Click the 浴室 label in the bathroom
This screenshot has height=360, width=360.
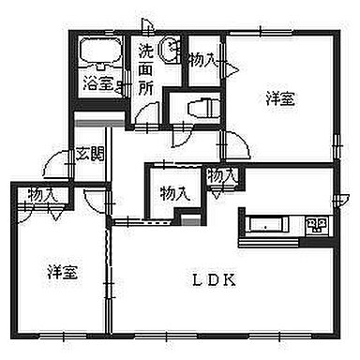pyautogui.click(x=96, y=82)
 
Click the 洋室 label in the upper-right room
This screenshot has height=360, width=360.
pyautogui.click(x=277, y=97)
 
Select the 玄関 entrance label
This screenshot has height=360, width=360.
pyautogui.click(x=88, y=154)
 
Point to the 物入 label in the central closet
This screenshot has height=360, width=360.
pyautogui.click(x=173, y=194)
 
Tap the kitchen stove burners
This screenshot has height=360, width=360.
pyautogui.click(x=316, y=225)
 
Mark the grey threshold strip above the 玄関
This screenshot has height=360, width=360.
pyautogui.click(x=98, y=124)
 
